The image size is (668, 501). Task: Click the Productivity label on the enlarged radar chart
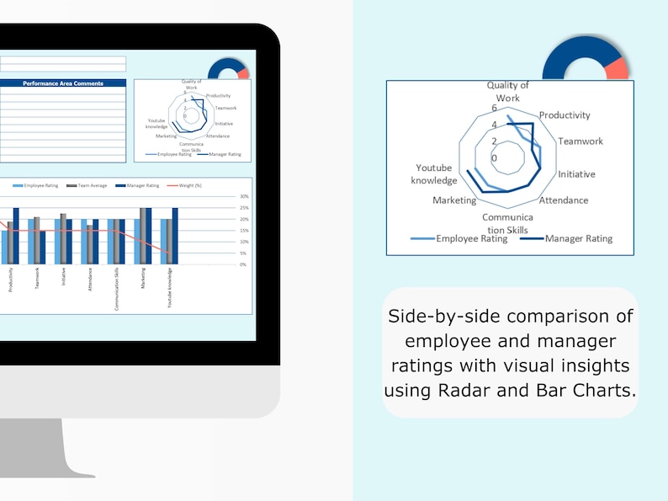point(565,115)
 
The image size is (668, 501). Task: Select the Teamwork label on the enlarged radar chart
point(581,141)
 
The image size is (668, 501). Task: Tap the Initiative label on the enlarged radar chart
point(576,174)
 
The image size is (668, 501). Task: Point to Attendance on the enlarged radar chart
point(563,200)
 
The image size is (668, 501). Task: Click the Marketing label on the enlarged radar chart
point(454,200)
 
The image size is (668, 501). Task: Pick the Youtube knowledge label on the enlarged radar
point(434,174)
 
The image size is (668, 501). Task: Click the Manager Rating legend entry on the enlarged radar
point(578,238)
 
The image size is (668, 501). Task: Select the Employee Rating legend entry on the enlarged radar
point(471,238)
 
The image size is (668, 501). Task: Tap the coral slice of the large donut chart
point(618,69)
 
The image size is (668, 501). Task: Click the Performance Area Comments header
point(63,83)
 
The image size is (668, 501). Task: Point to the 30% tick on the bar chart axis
point(244,196)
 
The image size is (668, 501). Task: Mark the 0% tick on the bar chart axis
point(244,264)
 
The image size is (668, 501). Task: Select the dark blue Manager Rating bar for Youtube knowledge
point(175,236)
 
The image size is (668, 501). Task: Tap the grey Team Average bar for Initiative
point(63,239)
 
